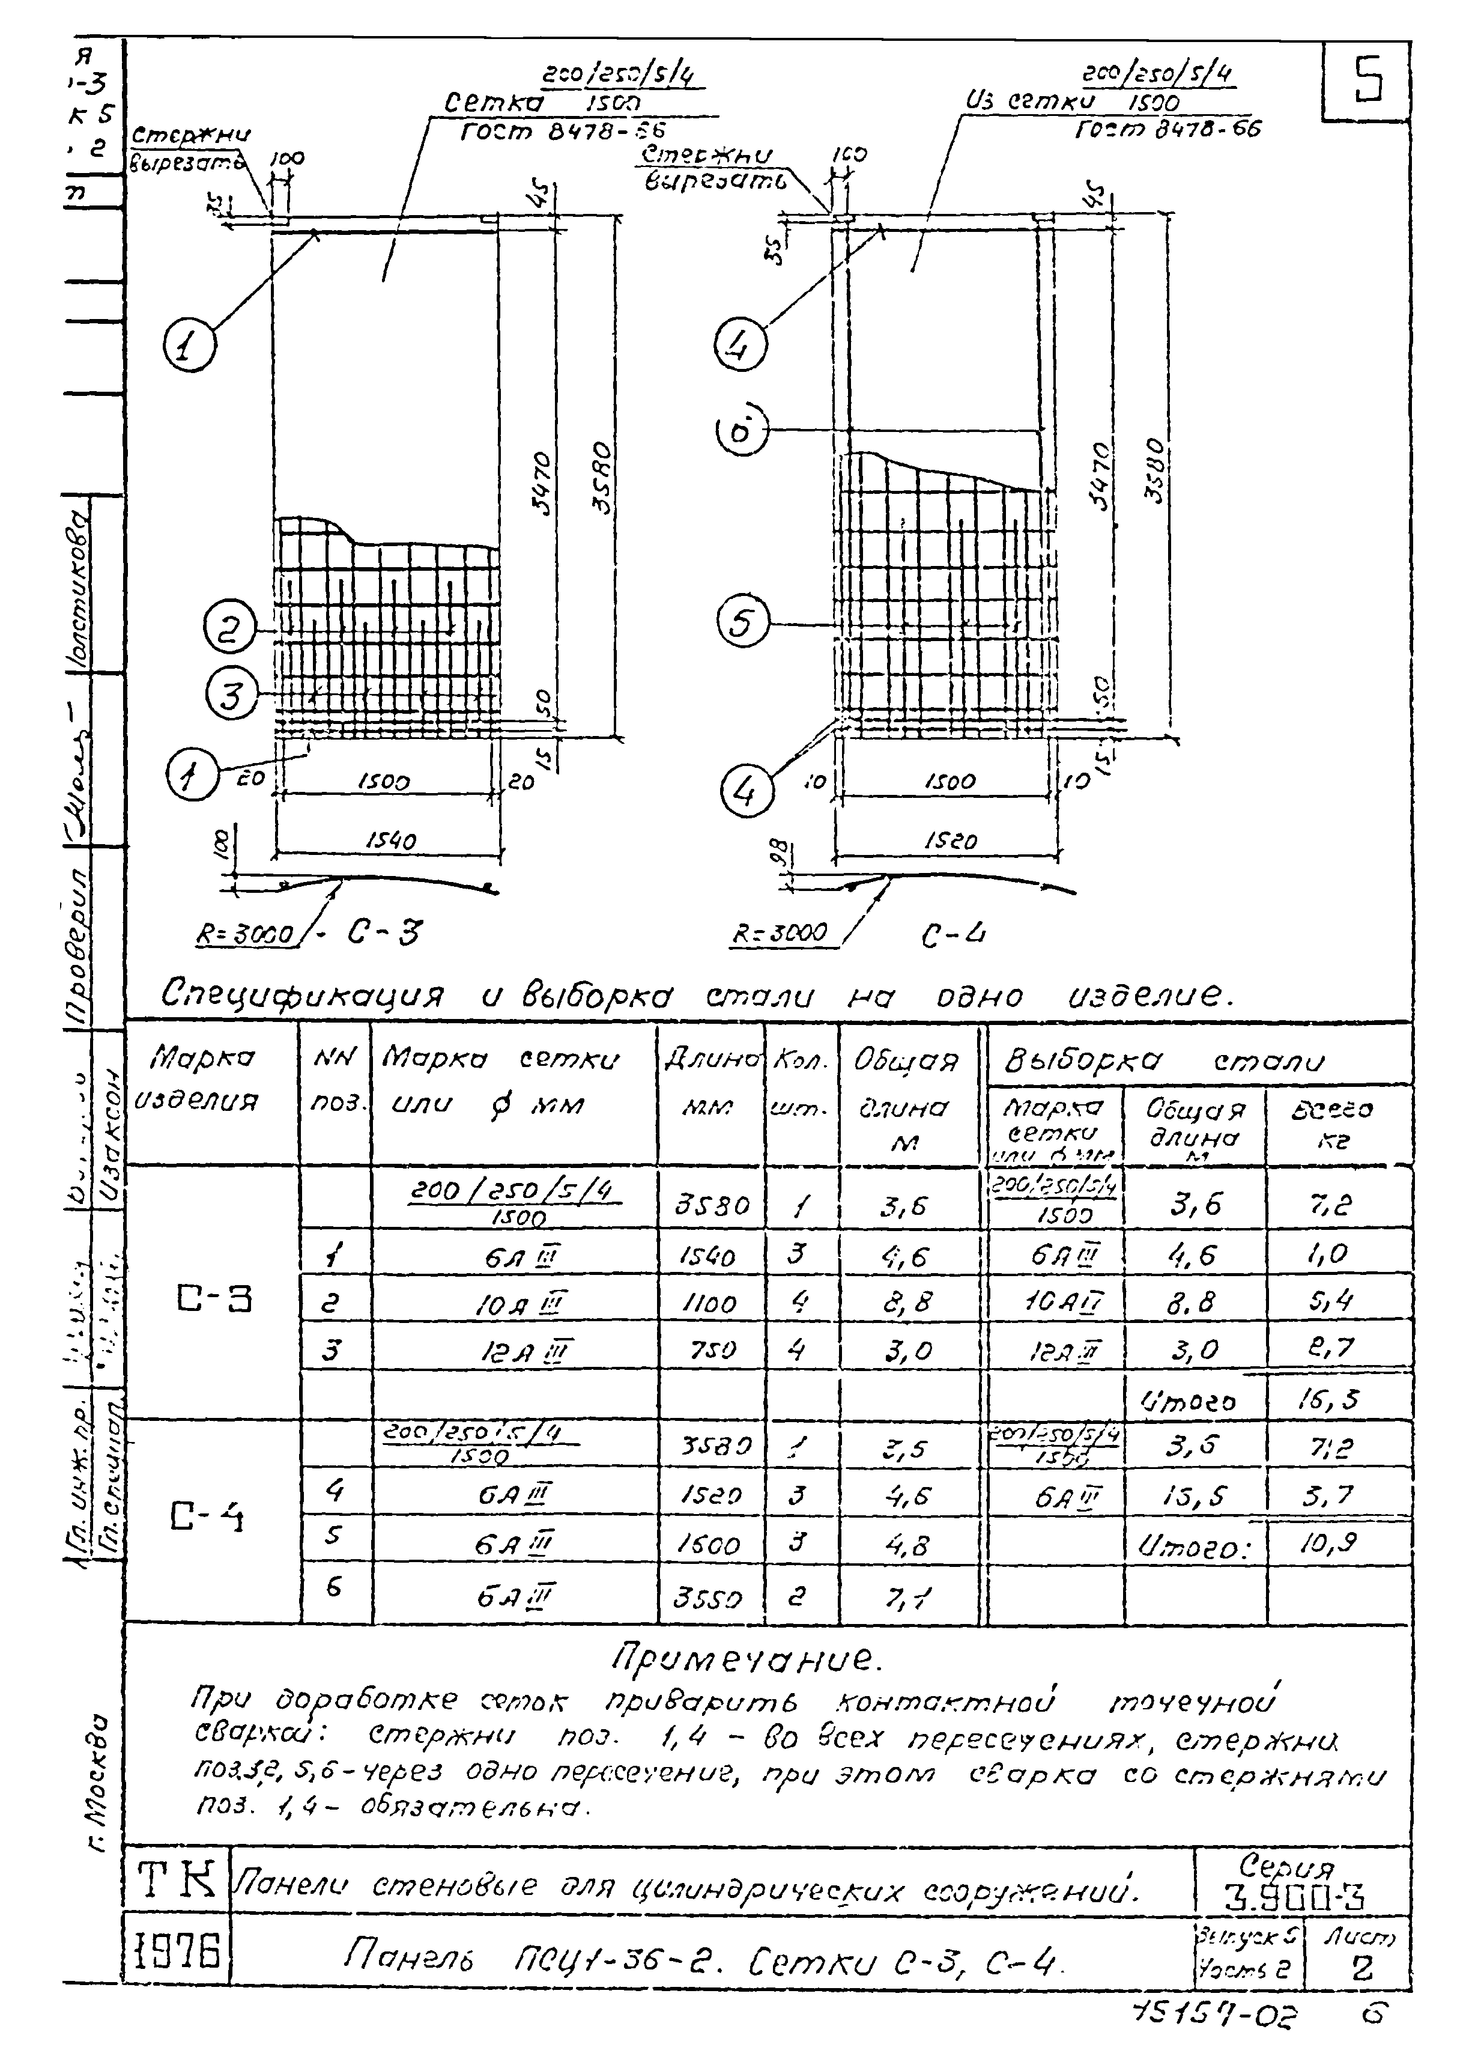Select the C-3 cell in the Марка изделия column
point(213,1300)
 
